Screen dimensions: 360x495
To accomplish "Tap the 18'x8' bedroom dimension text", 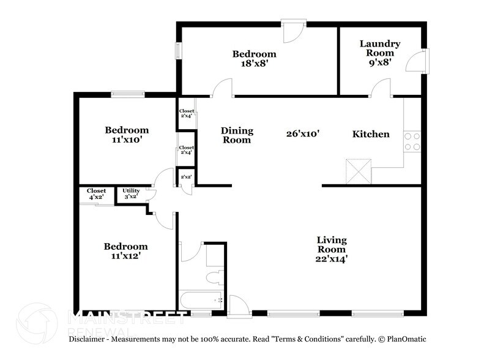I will pyautogui.click(x=254, y=64).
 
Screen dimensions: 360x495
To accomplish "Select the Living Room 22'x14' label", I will pyautogui.click(x=332, y=249).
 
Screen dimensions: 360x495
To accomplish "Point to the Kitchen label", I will pyautogui.click(x=371, y=134).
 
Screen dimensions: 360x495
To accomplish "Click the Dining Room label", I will pyautogui.click(x=237, y=135).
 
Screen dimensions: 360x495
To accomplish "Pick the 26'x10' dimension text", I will pyautogui.click(x=303, y=133).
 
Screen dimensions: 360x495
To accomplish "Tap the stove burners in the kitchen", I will pyautogui.click(x=412, y=141).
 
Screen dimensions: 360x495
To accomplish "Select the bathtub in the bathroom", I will pyautogui.click(x=200, y=300).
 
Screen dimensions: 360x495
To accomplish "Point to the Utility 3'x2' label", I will pyautogui.click(x=132, y=194).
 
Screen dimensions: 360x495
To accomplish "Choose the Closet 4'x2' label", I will pyautogui.click(x=96, y=194).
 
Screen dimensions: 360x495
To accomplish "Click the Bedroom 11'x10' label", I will pyautogui.click(x=127, y=135).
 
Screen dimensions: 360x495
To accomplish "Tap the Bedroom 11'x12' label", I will pyautogui.click(x=125, y=251).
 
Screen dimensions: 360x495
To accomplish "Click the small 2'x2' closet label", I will pyautogui.click(x=185, y=177).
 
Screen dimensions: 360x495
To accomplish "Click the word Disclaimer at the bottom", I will pyautogui.click(x=89, y=339).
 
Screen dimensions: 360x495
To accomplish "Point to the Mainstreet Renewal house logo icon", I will pyautogui.click(x=38, y=320).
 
